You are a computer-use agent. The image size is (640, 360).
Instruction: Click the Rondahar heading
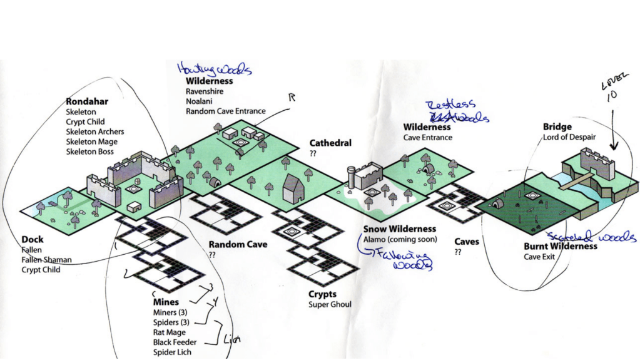click(87, 101)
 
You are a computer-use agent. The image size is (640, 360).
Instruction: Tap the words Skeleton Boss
click(90, 152)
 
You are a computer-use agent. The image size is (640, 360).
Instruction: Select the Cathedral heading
click(330, 143)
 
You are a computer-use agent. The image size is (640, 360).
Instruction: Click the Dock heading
click(33, 239)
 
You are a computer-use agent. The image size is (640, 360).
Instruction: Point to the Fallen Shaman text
click(46, 260)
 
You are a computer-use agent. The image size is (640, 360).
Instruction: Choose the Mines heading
click(166, 302)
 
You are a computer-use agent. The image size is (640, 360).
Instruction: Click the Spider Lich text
click(172, 352)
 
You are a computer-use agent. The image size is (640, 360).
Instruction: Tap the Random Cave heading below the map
click(238, 245)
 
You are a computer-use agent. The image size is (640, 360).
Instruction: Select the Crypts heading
click(322, 294)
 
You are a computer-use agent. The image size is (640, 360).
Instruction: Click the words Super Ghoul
click(330, 305)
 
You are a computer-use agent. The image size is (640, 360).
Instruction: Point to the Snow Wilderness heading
click(400, 229)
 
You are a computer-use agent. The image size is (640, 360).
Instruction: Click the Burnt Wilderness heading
click(560, 246)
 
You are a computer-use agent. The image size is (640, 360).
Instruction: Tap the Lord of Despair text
click(570, 138)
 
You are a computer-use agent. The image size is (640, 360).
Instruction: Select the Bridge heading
click(557, 128)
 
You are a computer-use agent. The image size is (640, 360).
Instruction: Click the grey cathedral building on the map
click(293, 188)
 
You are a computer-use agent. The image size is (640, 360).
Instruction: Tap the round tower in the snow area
click(352, 177)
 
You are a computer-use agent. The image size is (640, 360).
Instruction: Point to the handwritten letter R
click(291, 98)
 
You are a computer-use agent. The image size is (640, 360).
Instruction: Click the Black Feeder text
click(175, 342)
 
